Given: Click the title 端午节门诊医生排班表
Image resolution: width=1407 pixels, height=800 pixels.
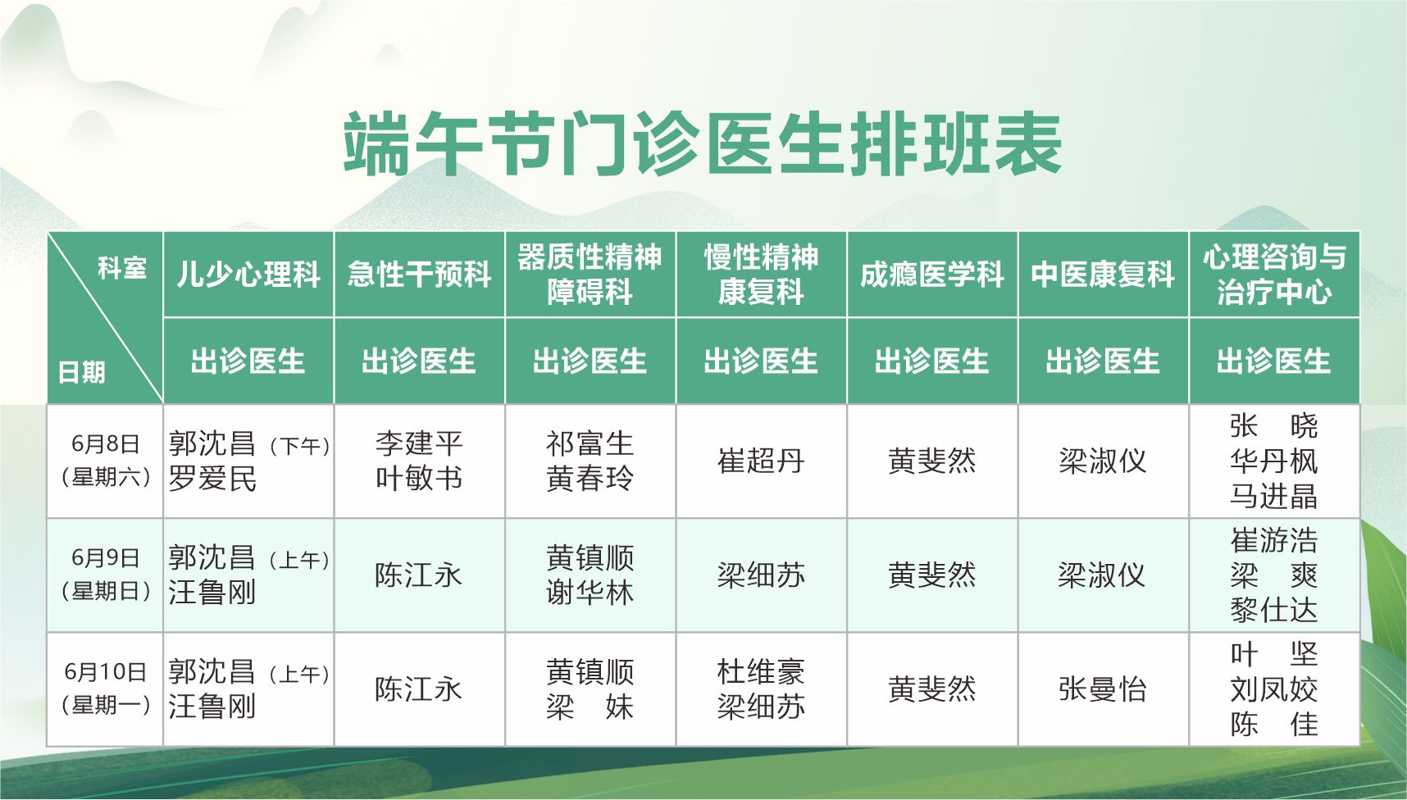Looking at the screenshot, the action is point(703,144).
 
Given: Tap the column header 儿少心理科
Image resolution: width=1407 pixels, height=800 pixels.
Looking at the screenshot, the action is point(248,274).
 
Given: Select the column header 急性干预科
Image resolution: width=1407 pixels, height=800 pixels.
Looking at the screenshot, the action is point(419,274).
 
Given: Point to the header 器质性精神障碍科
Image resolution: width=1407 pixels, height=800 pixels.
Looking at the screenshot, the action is point(590,274).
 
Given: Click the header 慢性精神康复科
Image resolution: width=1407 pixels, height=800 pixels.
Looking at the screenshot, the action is point(761,274).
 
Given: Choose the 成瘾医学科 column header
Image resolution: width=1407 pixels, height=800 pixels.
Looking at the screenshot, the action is point(932,274).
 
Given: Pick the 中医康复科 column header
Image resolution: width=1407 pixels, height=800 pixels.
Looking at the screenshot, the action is point(1103,274).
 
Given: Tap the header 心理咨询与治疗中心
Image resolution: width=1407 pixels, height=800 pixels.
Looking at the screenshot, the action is point(1274,274).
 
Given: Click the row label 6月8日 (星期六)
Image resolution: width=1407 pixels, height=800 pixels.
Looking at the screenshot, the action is point(105,461).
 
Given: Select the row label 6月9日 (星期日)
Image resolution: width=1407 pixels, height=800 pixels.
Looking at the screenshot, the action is point(105,575).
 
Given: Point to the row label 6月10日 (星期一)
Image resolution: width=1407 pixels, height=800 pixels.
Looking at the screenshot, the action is point(105,689).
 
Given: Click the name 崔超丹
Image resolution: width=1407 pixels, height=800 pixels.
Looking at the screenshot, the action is point(761,461).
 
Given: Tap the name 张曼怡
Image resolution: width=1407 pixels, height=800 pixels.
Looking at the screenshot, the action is point(1103,689).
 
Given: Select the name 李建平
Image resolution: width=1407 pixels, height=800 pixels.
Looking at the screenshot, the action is point(419,443).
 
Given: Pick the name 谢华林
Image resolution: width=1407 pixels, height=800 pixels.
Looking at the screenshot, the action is point(590,592).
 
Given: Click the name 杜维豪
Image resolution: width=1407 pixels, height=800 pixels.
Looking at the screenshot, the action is point(761,671).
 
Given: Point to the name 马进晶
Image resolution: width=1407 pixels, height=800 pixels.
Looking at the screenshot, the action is point(1274,496).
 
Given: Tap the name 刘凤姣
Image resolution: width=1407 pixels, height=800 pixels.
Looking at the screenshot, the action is point(1274,689).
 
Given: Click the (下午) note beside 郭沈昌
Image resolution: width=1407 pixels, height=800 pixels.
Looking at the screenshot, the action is point(299,446).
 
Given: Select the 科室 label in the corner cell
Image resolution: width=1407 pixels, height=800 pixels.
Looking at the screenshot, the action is point(122,268).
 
